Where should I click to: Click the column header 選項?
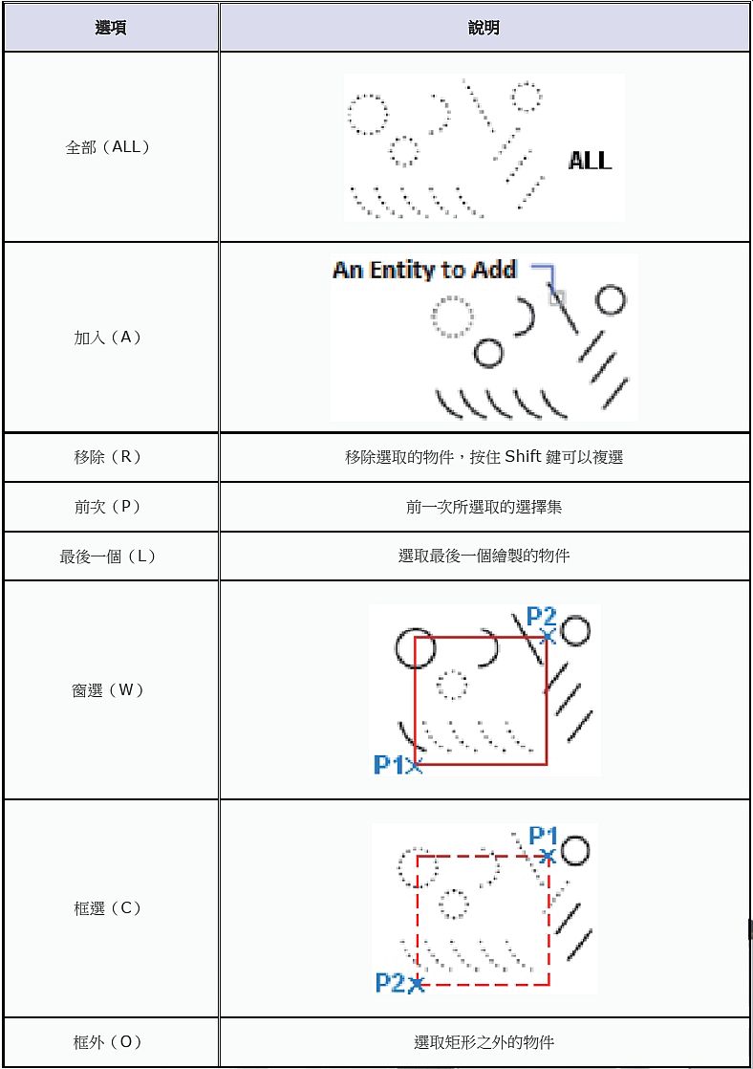(x=111, y=28)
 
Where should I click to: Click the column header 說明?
(x=484, y=28)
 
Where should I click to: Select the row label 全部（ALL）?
(x=108, y=147)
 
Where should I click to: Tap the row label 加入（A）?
(x=108, y=338)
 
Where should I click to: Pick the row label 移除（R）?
(x=108, y=457)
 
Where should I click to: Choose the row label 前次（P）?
(x=108, y=507)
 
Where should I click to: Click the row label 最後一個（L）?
(x=108, y=556)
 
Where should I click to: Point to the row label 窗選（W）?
(x=108, y=689)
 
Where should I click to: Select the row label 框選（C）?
(x=108, y=907)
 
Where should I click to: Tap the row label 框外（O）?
(x=108, y=1042)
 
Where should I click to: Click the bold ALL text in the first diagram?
(x=590, y=161)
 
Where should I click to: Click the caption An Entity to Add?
(x=424, y=270)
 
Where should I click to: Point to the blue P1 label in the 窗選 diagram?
(x=389, y=765)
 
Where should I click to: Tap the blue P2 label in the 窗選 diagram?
(x=541, y=617)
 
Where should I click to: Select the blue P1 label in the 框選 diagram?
(x=543, y=837)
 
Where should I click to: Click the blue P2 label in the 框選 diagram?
(x=390, y=982)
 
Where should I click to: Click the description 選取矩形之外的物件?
(x=484, y=1042)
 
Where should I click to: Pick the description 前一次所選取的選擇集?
(x=484, y=507)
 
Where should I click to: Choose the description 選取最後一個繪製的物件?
(x=484, y=556)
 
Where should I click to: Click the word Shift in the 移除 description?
(x=523, y=457)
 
